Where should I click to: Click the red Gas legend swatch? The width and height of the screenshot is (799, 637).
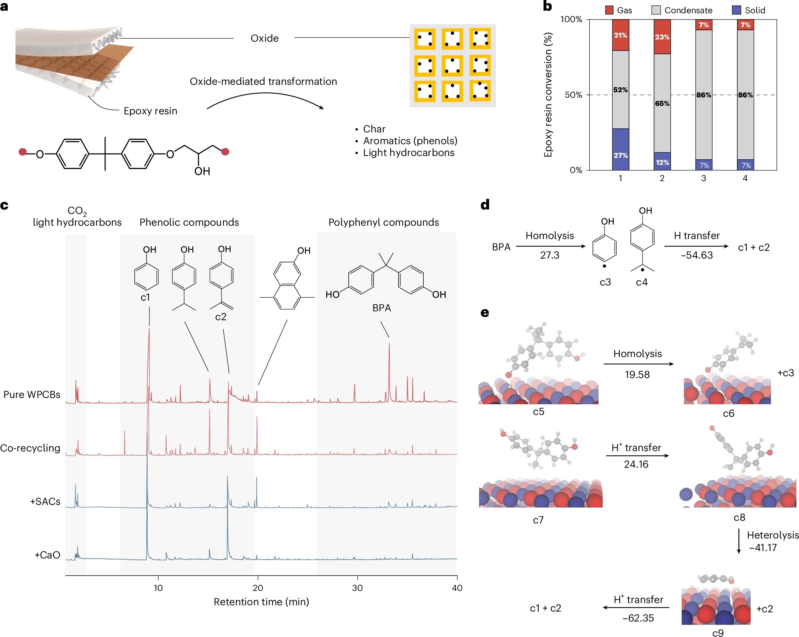click(x=609, y=10)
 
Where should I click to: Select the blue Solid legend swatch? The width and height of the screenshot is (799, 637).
click(x=736, y=10)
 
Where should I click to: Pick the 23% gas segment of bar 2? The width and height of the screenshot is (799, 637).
click(x=662, y=37)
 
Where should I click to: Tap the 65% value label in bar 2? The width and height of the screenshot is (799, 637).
click(x=662, y=103)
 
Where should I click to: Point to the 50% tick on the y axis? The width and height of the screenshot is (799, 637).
click(x=573, y=95)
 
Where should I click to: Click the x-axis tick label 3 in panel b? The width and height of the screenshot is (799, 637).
click(x=703, y=178)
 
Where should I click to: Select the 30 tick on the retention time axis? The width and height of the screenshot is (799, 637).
click(x=357, y=588)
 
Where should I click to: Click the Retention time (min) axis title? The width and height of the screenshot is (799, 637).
click(x=261, y=602)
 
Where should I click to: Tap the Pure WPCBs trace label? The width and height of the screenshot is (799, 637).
click(x=32, y=394)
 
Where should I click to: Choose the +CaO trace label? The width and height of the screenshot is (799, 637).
click(x=47, y=555)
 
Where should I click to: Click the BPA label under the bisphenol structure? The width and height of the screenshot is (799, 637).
click(x=381, y=308)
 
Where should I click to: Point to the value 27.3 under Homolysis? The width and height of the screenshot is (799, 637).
click(x=550, y=255)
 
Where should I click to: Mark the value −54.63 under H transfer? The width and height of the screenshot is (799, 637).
click(x=697, y=255)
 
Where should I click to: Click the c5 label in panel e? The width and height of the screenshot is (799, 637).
click(x=538, y=412)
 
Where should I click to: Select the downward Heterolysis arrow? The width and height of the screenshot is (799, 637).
click(x=739, y=541)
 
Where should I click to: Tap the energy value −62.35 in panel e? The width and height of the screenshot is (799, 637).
click(x=638, y=618)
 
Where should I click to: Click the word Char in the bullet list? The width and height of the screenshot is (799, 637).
click(x=374, y=129)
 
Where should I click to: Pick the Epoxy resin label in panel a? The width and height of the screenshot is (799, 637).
click(x=150, y=111)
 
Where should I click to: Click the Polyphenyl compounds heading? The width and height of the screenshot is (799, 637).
click(x=383, y=222)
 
